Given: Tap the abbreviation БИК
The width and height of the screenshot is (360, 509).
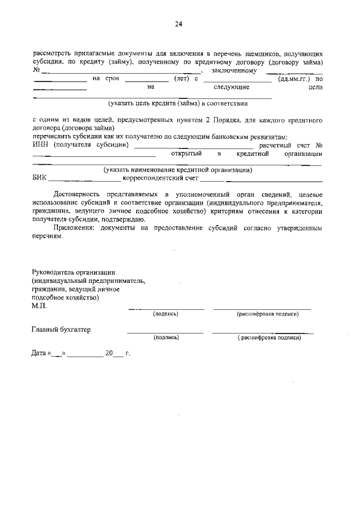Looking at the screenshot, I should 39,179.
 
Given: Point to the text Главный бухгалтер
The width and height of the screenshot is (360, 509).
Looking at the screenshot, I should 61,329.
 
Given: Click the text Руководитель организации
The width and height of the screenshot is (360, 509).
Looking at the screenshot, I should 74,271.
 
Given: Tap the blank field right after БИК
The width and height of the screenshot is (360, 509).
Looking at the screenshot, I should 84,181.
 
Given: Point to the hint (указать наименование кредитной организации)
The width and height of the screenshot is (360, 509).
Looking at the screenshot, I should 177,170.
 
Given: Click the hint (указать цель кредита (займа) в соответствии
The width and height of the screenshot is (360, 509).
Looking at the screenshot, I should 178,103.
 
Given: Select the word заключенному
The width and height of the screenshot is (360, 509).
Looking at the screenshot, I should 235,71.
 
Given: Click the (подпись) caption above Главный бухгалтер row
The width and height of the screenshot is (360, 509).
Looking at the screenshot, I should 165,314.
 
